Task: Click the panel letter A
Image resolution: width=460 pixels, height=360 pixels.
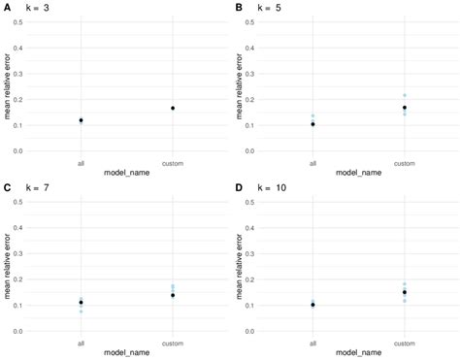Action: pos(8,8)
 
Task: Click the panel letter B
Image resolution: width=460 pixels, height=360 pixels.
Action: pos(239,8)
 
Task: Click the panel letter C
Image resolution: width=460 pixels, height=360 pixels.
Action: pos(8,188)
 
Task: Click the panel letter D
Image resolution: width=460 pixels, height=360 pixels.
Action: pos(239,188)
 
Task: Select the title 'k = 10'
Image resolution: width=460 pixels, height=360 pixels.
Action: pos(272,188)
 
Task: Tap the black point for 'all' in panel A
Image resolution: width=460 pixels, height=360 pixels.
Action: pos(81,120)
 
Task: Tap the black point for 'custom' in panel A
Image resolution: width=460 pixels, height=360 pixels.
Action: pos(173,108)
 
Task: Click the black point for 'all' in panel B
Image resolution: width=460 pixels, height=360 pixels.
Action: pos(312,124)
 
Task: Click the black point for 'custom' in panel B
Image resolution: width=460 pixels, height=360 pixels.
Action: pos(405,108)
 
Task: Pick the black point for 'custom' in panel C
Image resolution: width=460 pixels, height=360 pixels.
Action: pos(173,295)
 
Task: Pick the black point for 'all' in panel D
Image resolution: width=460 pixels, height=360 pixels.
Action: pos(312,305)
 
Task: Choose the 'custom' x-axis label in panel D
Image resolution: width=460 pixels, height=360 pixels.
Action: pos(405,343)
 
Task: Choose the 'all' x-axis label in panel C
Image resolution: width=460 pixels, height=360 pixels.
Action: pos(81,343)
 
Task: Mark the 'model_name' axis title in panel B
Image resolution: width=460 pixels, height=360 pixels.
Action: pos(358,173)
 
